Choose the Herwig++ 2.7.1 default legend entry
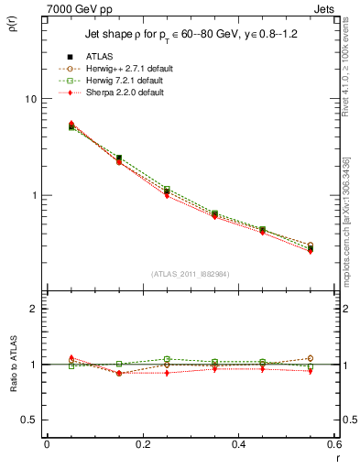(x=125, y=69)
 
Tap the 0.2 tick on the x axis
(x=142, y=443)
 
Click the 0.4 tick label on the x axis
(x=238, y=443)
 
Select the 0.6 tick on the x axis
(x=333, y=443)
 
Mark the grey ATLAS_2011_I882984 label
(x=190, y=274)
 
